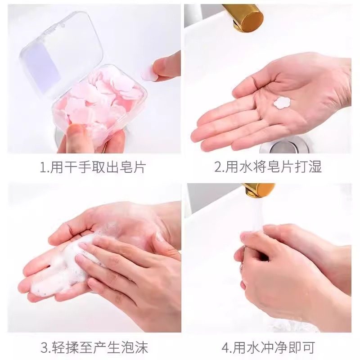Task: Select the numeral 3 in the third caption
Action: click(45, 347)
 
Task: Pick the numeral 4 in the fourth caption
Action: click(225, 347)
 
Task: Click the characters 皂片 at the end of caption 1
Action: click(134, 168)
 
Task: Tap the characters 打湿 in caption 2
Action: click(309, 168)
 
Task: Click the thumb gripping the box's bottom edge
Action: click(74, 135)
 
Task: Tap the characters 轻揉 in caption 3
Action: click(65, 347)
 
